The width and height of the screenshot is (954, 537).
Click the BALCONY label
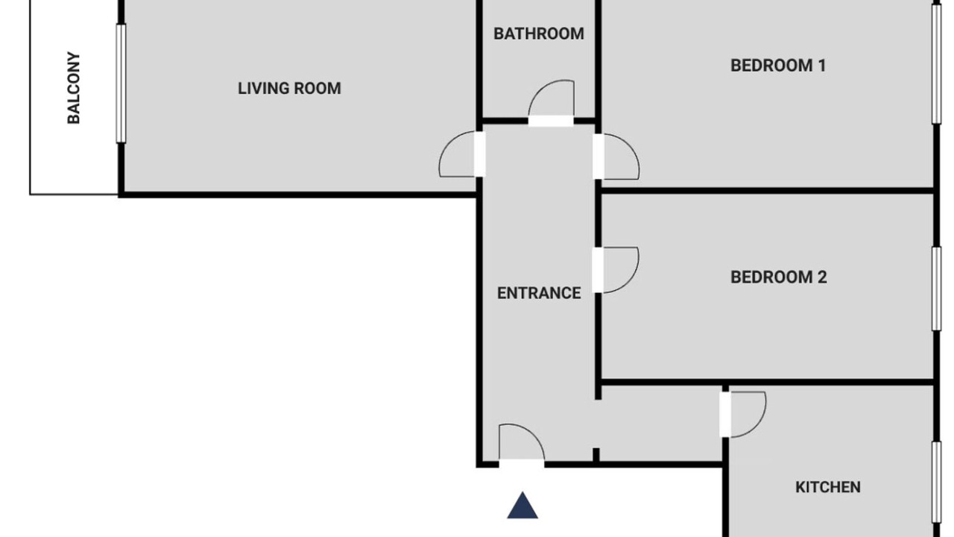(x=74, y=88)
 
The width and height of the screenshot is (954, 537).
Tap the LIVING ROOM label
(x=289, y=89)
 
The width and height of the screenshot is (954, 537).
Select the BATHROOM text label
(x=539, y=34)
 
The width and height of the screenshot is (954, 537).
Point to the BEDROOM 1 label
(x=778, y=66)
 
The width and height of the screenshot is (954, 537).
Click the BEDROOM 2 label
(x=779, y=277)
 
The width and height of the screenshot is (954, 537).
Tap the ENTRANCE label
(x=539, y=293)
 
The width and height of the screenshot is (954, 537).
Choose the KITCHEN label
(x=828, y=487)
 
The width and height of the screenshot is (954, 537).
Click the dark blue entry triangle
(x=522, y=506)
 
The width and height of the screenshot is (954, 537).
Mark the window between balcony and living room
(x=121, y=84)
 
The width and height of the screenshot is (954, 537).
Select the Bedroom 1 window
(x=937, y=64)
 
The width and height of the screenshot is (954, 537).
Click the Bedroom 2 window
(x=937, y=289)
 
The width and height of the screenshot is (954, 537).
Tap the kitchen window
(x=937, y=483)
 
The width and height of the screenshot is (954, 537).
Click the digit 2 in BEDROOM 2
(x=822, y=277)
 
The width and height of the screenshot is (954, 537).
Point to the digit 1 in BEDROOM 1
(x=822, y=66)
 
